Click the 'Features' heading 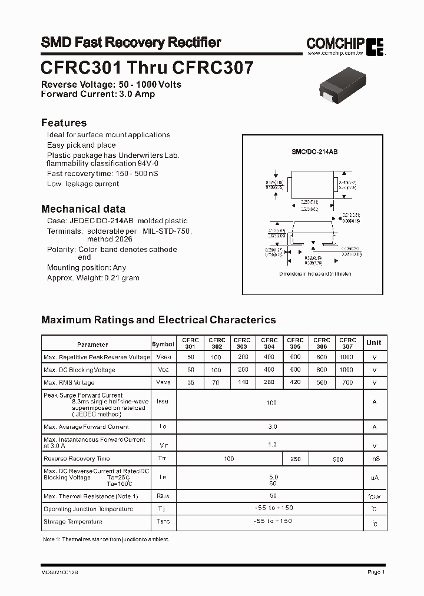click(x=64, y=122)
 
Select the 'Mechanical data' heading click(x=83, y=208)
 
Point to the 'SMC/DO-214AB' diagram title click(x=314, y=152)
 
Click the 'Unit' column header click(x=373, y=343)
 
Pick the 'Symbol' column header click(x=163, y=345)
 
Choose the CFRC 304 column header click(x=269, y=343)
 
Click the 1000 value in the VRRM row click(x=347, y=357)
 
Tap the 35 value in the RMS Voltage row click(x=190, y=382)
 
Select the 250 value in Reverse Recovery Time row click(x=295, y=459)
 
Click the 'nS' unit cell click(x=373, y=459)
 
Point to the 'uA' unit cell click(x=373, y=478)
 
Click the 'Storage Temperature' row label click(x=73, y=522)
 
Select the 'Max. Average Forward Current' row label click(x=86, y=427)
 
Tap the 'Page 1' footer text click(x=376, y=572)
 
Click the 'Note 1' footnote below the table click(x=106, y=539)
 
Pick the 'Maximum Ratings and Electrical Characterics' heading click(x=158, y=320)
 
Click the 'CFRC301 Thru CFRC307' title click(x=147, y=68)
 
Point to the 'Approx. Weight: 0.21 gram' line click(x=93, y=277)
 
